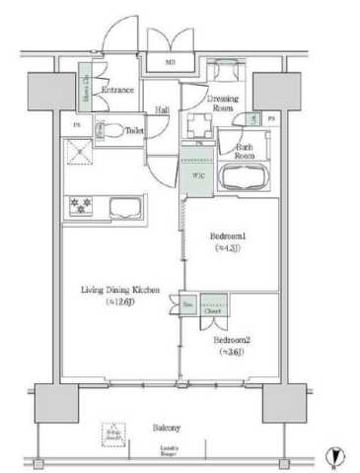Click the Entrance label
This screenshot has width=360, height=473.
[117, 90]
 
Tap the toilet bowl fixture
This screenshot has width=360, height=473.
[113, 128]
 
